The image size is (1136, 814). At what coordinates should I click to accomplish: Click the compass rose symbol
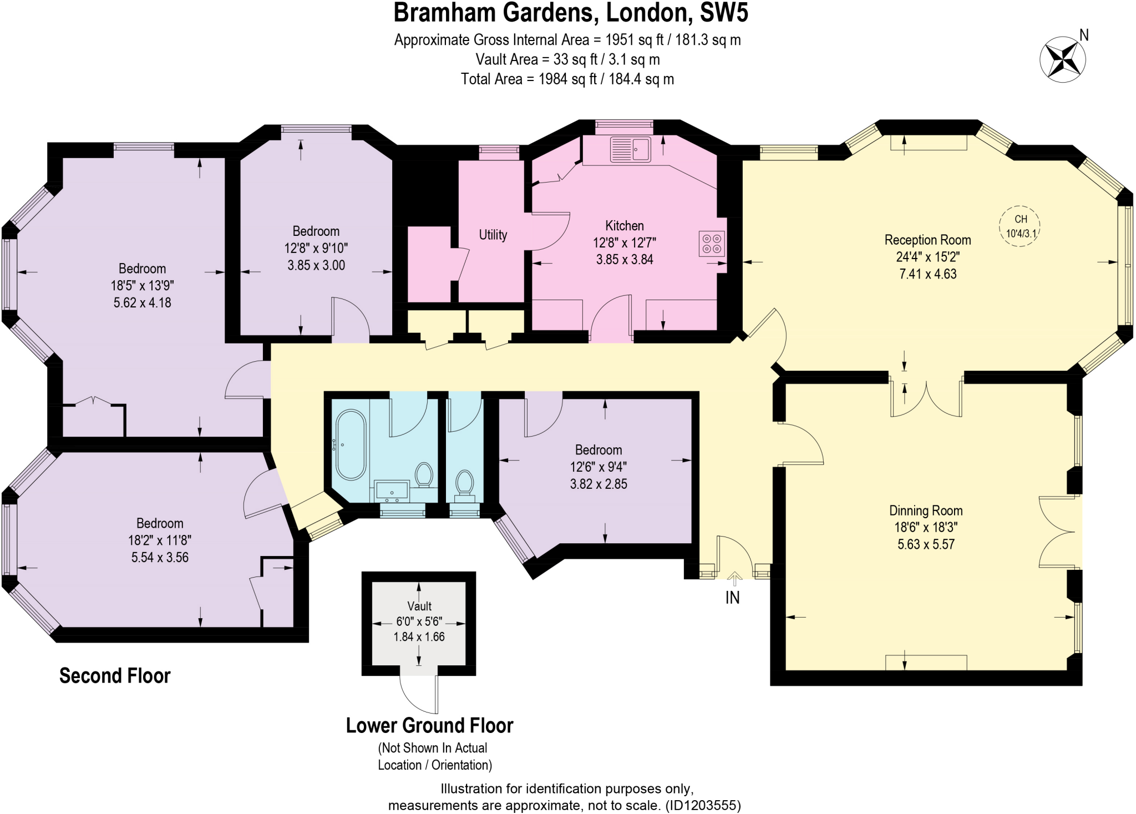1062,59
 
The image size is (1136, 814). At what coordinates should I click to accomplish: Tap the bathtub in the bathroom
351,444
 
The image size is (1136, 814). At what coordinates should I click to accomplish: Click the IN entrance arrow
734,579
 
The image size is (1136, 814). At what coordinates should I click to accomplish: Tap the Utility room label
493,235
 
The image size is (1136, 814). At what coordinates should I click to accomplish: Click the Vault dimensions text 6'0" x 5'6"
419,621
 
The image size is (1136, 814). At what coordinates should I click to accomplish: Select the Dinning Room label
926,510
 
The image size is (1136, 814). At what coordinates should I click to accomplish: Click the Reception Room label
927,240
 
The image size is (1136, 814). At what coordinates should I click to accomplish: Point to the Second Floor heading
115,676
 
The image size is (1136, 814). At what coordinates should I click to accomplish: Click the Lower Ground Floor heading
429,726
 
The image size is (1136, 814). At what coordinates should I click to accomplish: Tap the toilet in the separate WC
464,483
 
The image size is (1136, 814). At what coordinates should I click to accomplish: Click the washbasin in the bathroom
392,492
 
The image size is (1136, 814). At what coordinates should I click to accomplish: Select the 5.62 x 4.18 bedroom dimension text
142,303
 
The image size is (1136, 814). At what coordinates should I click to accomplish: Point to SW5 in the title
724,13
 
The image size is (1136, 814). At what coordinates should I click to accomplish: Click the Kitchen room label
624,226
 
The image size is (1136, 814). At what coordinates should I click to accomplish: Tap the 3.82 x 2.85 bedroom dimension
598,484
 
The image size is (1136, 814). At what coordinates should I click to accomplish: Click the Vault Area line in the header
567,59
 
